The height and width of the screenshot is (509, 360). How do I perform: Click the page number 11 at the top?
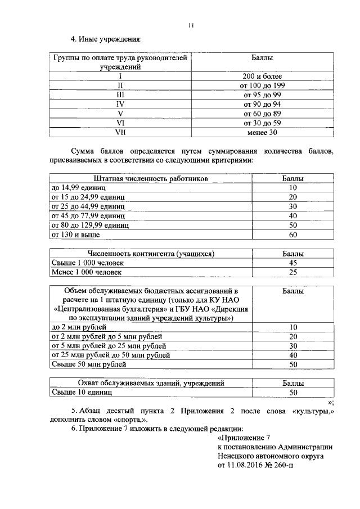[191, 25]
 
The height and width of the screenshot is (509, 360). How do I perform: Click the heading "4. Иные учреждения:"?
[105, 39]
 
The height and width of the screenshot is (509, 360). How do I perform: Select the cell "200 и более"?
[262, 76]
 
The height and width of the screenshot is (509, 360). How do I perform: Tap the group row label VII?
[119, 133]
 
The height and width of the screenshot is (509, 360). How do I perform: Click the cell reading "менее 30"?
[262, 133]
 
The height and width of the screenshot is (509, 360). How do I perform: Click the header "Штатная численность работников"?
[150, 178]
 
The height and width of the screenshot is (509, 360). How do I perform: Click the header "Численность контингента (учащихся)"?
[150, 254]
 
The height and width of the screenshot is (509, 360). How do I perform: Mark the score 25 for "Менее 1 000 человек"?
[292, 272]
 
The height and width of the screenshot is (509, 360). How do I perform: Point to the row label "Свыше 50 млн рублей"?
[86, 364]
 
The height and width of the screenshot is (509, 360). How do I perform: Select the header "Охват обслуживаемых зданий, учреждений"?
[150, 383]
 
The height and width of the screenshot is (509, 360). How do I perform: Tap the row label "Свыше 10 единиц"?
[78, 393]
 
